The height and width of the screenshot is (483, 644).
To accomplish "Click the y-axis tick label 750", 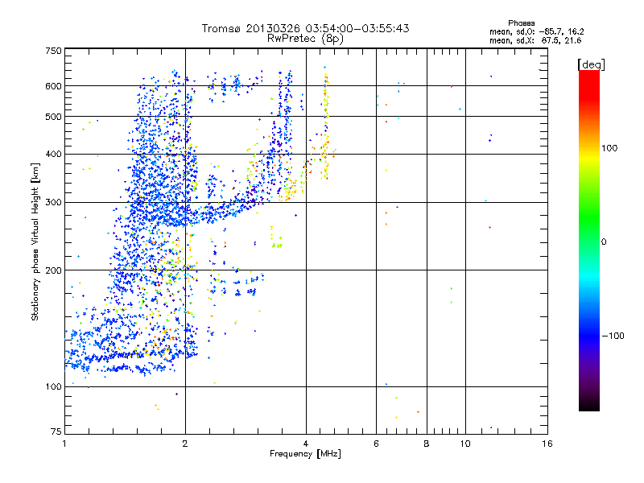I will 53,51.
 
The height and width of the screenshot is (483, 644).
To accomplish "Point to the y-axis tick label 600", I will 53,86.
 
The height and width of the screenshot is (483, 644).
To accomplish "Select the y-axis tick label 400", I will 53,155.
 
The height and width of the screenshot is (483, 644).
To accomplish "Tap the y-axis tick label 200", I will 53,270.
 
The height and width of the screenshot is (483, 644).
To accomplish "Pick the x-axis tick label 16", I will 547,444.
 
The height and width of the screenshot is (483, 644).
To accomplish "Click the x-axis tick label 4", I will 306,444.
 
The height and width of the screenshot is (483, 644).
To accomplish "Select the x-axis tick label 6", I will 376,444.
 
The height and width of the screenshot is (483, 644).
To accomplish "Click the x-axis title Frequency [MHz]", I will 305,454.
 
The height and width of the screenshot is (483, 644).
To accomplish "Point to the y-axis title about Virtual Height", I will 35,242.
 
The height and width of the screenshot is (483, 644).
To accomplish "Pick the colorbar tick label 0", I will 605,242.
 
